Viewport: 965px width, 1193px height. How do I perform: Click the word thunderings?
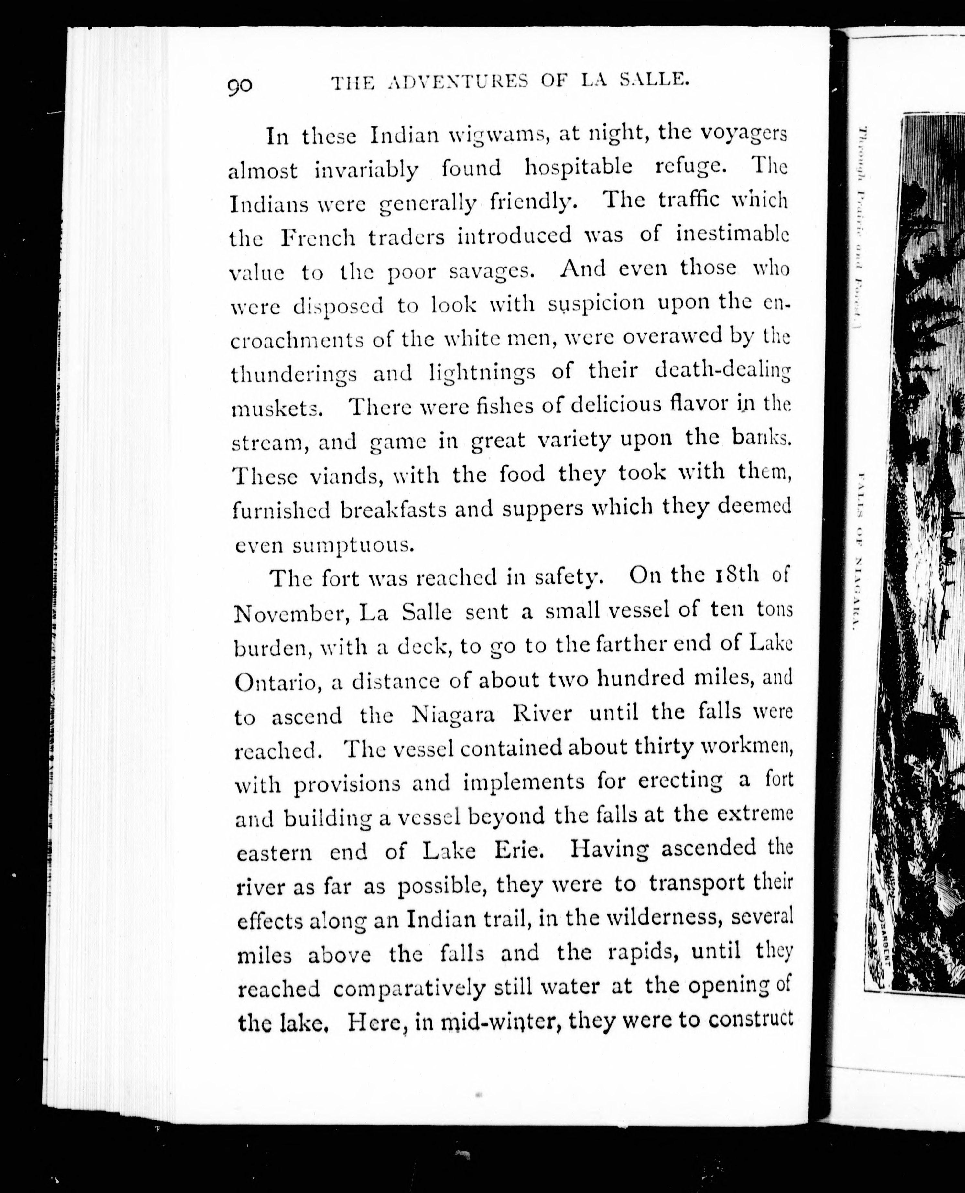click(294, 374)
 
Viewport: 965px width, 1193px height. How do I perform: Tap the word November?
click(291, 614)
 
